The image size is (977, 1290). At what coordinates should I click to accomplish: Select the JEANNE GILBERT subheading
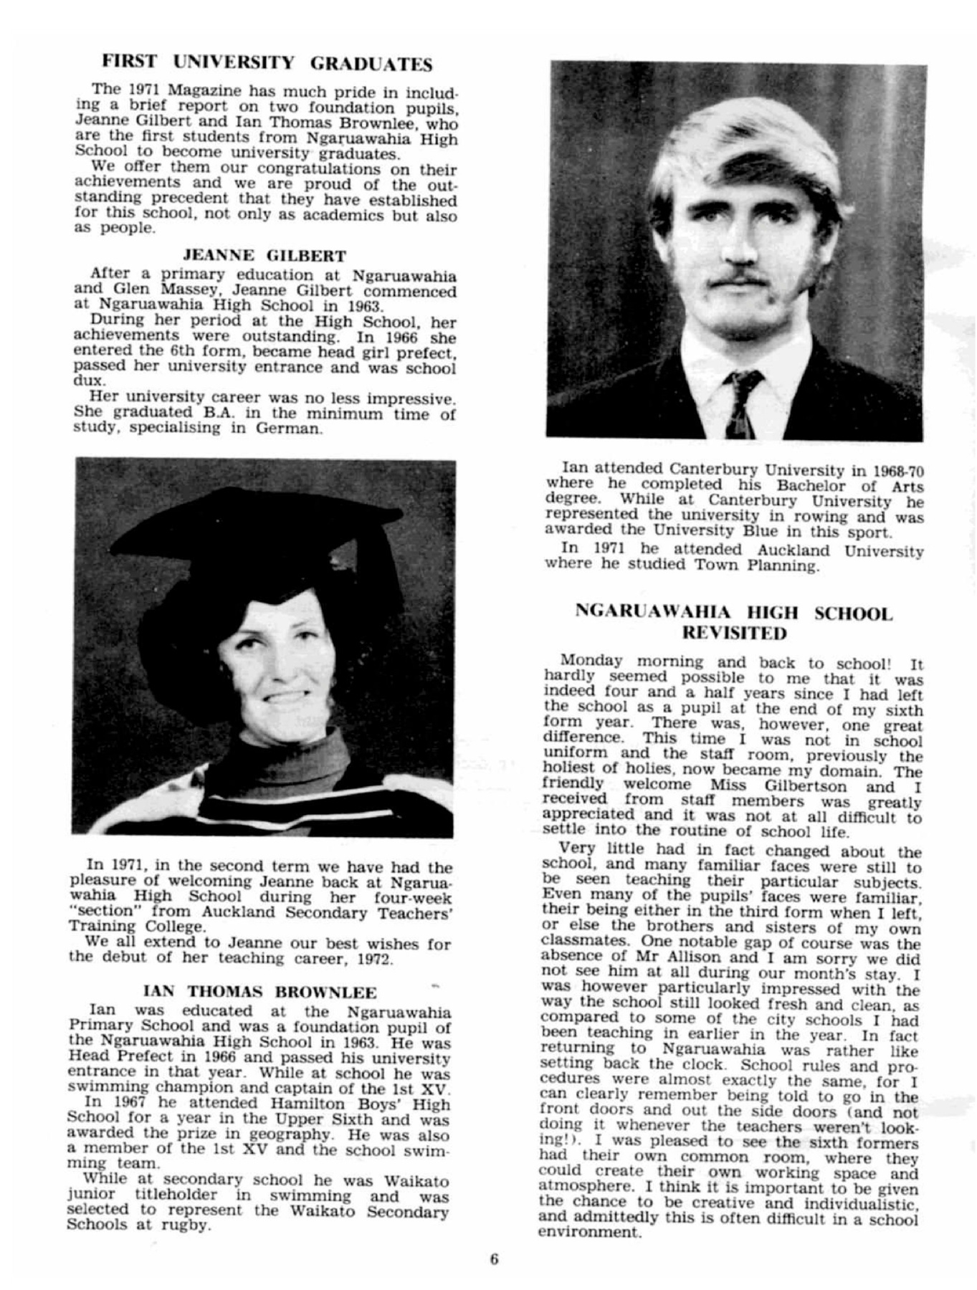click(x=265, y=256)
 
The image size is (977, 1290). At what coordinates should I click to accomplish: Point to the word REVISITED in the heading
click(x=735, y=633)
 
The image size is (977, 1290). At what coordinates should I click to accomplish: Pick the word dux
click(x=85, y=381)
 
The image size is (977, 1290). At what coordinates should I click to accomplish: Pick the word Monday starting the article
click(x=592, y=661)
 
